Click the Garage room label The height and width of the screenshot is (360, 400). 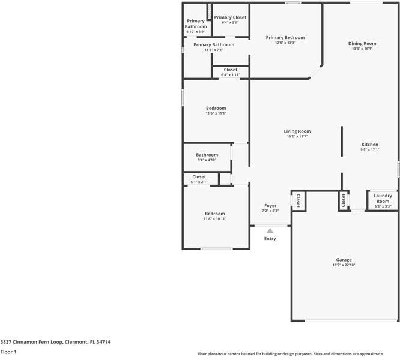pyautogui.click(x=344, y=260)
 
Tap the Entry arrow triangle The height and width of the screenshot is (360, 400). pyautogui.click(x=270, y=230)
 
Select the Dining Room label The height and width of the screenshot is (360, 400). pyautogui.click(x=362, y=43)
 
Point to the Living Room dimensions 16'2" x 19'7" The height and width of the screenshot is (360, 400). pyautogui.click(x=297, y=137)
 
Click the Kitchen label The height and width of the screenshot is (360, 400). pyautogui.click(x=369, y=145)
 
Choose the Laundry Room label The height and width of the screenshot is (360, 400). pyautogui.click(x=383, y=198)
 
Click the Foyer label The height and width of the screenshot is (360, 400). pyautogui.click(x=270, y=206)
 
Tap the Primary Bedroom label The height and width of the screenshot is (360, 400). pyautogui.click(x=285, y=37)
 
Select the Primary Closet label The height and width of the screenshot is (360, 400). pyautogui.click(x=230, y=17)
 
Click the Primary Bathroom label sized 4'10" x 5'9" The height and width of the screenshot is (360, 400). pyautogui.click(x=195, y=24)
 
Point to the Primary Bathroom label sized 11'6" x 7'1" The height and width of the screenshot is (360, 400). pyautogui.click(x=213, y=44)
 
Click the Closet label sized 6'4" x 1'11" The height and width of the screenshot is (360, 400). pyautogui.click(x=230, y=70)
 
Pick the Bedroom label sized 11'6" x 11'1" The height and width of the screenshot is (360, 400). pyautogui.click(x=216, y=108)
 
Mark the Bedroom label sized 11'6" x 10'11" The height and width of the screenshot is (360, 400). pyautogui.click(x=214, y=214)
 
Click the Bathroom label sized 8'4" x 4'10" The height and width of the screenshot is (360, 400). pyautogui.click(x=207, y=155)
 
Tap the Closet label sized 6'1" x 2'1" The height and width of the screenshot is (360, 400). pyautogui.click(x=199, y=177)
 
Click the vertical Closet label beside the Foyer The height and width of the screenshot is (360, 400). pyautogui.click(x=298, y=200)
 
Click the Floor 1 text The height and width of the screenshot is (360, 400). pyautogui.click(x=8, y=352)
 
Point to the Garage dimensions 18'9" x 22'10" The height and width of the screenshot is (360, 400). pyautogui.click(x=344, y=265)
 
